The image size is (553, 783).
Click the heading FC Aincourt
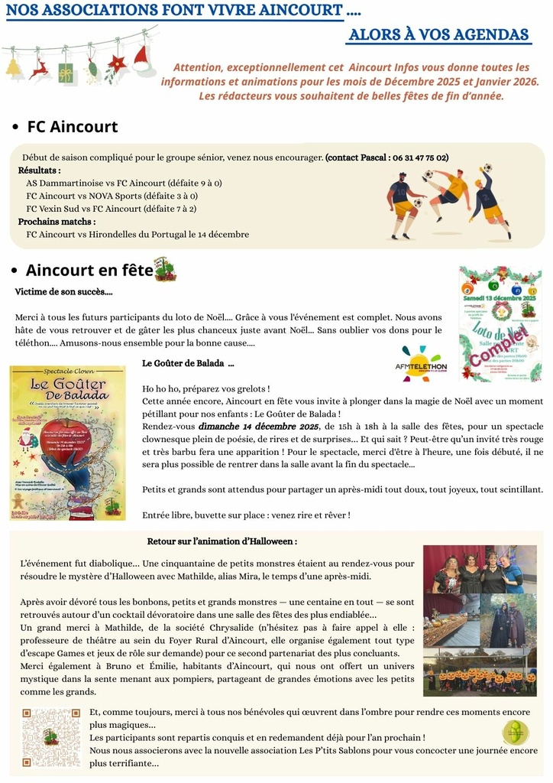pyautogui.click(x=72, y=126)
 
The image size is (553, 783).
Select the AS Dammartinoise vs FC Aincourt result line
pyautogui.click(x=124, y=184)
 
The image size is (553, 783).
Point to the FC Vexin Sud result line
pyautogui.click(x=112, y=208)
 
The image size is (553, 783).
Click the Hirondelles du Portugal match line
pyautogui.click(x=137, y=234)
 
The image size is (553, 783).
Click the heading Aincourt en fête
pyautogui.click(x=89, y=270)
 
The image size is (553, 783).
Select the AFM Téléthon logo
pyautogui.click(x=425, y=364)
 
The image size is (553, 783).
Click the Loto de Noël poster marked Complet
pyautogui.click(x=500, y=323)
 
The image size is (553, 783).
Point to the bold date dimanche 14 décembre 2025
pyautogui.click(x=259, y=426)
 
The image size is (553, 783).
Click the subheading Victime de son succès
pyautogui.click(x=63, y=291)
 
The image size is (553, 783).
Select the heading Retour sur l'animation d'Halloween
pyautogui.click(x=222, y=541)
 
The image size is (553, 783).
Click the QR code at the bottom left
pyautogui.click(x=50, y=737)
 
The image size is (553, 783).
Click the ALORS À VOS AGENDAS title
pyautogui.click(x=438, y=35)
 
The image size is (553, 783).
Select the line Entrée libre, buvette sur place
pyautogui.click(x=246, y=515)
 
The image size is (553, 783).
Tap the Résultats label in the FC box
pyautogui.click(x=39, y=171)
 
